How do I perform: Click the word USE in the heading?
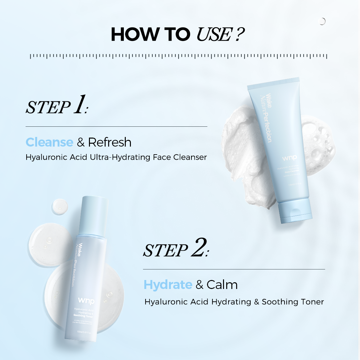[x=213, y=35]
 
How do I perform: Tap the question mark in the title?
[x=239, y=35]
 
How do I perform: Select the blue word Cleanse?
[x=49, y=142]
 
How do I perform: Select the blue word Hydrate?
[x=168, y=285]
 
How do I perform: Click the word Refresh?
[x=110, y=142]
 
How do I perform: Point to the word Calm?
[x=222, y=285]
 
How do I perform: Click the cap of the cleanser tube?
[x=295, y=211]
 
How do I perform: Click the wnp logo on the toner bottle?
[x=86, y=300]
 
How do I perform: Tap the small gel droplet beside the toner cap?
[x=60, y=206]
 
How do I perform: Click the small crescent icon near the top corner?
[x=322, y=21]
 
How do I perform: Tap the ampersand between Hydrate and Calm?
[x=199, y=285]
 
